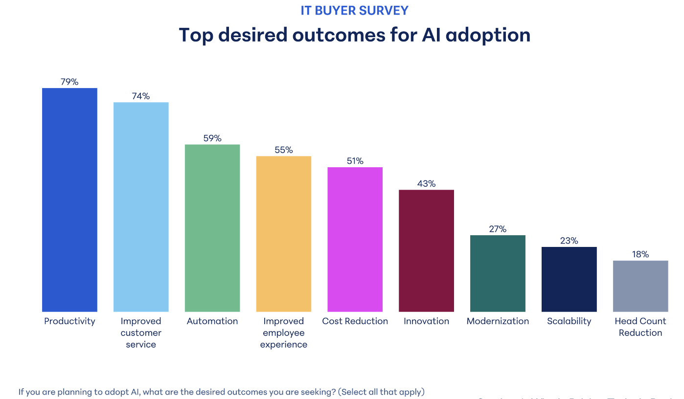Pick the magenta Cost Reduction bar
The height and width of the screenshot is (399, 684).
355,239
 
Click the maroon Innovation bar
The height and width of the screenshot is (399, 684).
426,250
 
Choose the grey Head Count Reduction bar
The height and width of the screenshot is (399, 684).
640,286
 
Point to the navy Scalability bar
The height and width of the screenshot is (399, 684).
569,279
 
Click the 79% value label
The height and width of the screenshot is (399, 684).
69,82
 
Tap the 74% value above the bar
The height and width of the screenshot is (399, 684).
141,96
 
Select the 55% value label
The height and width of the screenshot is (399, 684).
284,150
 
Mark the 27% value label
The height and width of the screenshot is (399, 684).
498,229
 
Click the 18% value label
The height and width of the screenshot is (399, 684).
640,254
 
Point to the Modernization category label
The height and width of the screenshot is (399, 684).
498,321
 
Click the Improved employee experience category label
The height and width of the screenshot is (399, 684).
284,333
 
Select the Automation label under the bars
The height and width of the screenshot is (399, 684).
212,321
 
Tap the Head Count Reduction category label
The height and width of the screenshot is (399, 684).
640,327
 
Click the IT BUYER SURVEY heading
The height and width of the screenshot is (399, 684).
355,10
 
